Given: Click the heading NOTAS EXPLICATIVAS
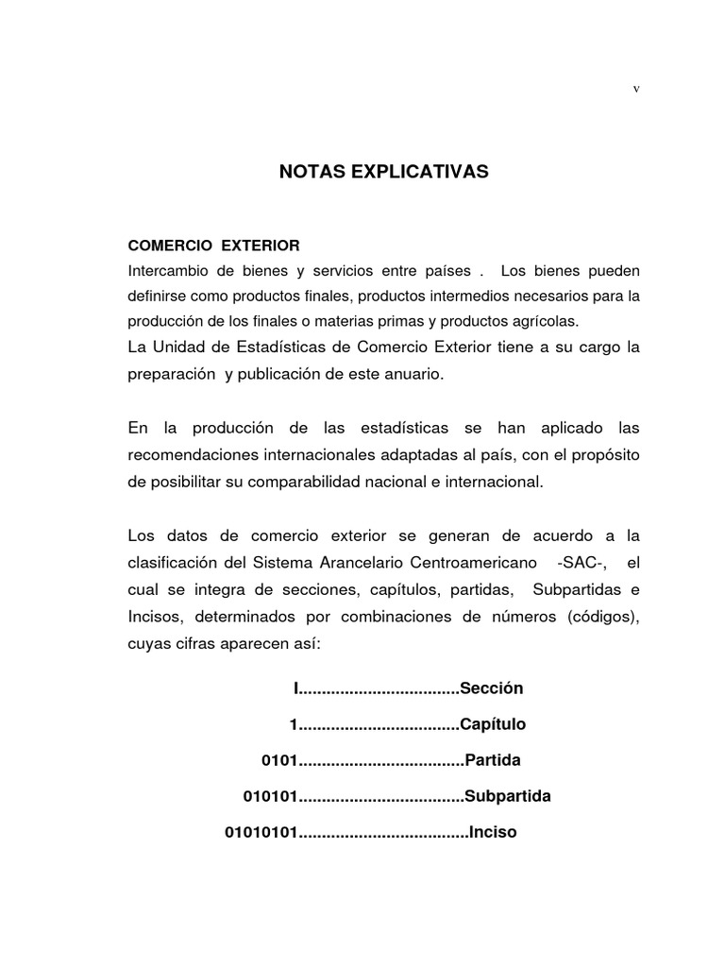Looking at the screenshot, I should point(383,172).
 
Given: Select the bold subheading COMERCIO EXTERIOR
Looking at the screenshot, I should point(213,246).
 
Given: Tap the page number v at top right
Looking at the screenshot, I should point(636,88).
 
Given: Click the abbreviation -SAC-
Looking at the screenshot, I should point(582,562).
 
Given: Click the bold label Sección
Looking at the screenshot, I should point(491,688).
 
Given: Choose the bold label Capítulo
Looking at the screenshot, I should point(493,724).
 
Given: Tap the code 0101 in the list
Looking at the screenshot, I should point(279,760).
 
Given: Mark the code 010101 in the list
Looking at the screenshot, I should point(271,796).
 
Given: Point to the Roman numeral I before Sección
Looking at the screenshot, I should point(296,688).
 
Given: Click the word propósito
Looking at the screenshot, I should point(603,455).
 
